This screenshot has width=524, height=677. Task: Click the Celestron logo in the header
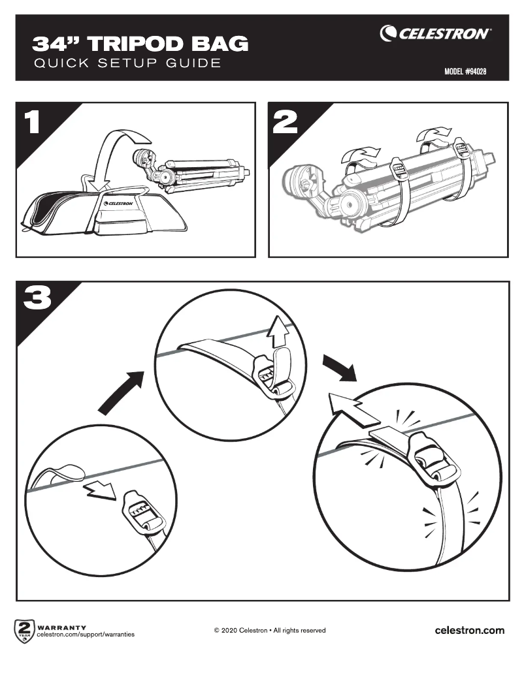[x=436, y=33]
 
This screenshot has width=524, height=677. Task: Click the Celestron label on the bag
[x=118, y=203]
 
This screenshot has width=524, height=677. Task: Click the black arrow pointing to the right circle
[x=340, y=370]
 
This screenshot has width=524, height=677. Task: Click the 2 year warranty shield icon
[x=24, y=631]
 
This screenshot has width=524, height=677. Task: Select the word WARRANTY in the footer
[x=63, y=627]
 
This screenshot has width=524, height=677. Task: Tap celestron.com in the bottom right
[x=469, y=630]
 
